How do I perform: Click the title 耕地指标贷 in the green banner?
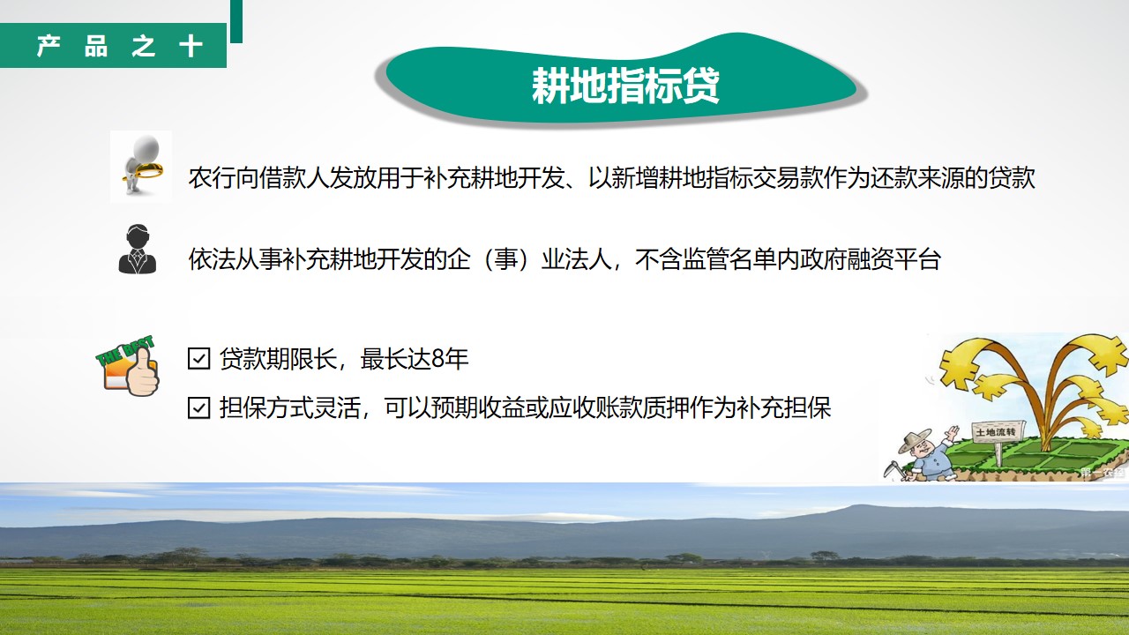[x=625, y=86]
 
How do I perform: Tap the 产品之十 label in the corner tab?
[x=120, y=46]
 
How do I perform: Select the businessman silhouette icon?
[x=138, y=249]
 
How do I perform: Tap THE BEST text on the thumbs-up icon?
[x=124, y=350]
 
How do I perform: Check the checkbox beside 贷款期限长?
[x=198, y=359]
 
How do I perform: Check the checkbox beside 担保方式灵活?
[x=198, y=408]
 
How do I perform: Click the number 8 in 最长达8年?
[x=438, y=359]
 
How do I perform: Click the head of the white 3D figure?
[x=146, y=147]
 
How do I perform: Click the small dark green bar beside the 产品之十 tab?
[x=236, y=21]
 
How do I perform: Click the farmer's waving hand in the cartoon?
[x=952, y=432]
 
